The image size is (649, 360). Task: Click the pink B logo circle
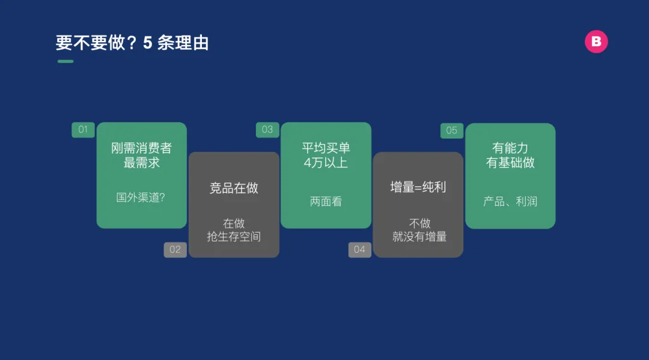[596, 41]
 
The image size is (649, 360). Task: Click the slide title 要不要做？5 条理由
[132, 43]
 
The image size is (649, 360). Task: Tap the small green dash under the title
[66, 61]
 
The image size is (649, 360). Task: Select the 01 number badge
[83, 130]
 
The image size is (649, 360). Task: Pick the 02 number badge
[175, 249]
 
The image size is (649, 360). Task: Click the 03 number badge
[267, 130]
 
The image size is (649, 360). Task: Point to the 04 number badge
[360, 249]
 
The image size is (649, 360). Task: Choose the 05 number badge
[451, 131]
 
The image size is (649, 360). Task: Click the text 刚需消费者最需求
[142, 155]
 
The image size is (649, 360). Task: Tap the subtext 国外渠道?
[141, 197]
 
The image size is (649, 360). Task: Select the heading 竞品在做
[234, 188]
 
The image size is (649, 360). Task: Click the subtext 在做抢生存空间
[234, 230]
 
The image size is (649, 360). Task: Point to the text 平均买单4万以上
[326, 155]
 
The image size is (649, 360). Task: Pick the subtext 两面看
[326, 201]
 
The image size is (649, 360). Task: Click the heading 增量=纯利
[418, 187]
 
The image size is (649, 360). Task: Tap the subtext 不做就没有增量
[419, 230]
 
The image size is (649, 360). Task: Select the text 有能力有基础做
[510, 155]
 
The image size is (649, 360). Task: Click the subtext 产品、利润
[510, 201]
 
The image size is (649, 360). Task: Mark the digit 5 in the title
[148, 43]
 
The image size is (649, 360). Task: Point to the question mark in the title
[132, 43]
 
